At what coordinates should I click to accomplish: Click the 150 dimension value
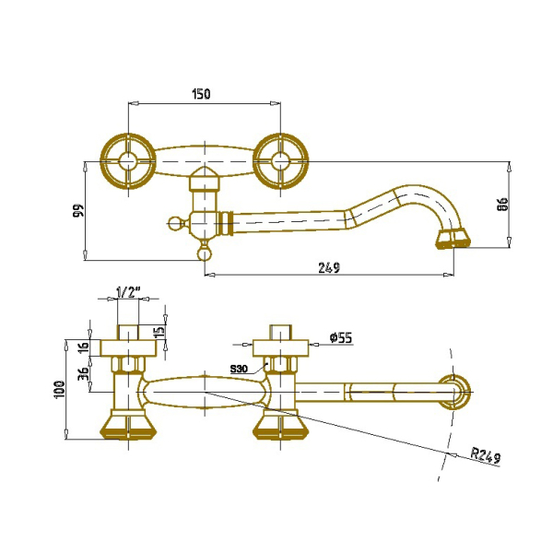pyautogui.click(x=201, y=94)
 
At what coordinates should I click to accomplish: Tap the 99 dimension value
pyautogui.click(x=79, y=210)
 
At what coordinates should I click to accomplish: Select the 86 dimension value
pyautogui.click(x=502, y=205)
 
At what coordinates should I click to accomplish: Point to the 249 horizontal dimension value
pyautogui.click(x=329, y=267)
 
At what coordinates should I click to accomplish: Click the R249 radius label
pyautogui.click(x=486, y=455)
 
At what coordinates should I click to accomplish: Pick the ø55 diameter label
pyautogui.click(x=341, y=338)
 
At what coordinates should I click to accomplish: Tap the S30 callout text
pyautogui.click(x=239, y=369)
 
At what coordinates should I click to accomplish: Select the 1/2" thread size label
pyautogui.click(x=128, y=291)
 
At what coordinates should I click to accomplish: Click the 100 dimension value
pyautogui.click(x=59, y=389)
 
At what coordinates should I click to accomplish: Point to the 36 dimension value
pyautogui.click(x=84, y=373)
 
